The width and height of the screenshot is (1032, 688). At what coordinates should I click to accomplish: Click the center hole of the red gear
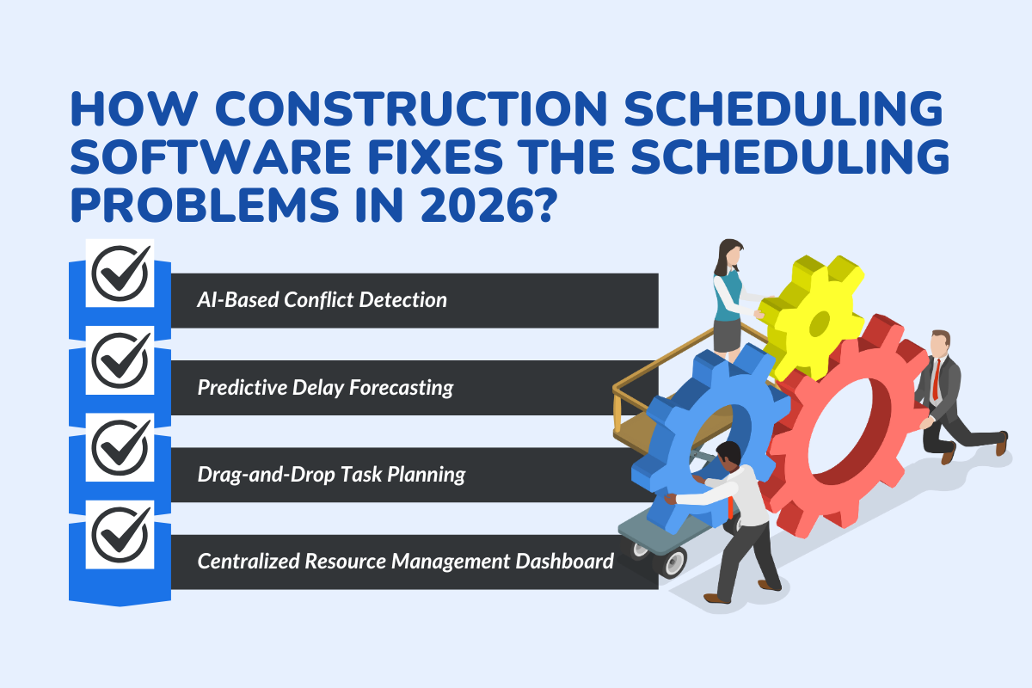point(847,430)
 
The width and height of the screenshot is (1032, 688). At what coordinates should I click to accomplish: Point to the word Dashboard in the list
point(563,562)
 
